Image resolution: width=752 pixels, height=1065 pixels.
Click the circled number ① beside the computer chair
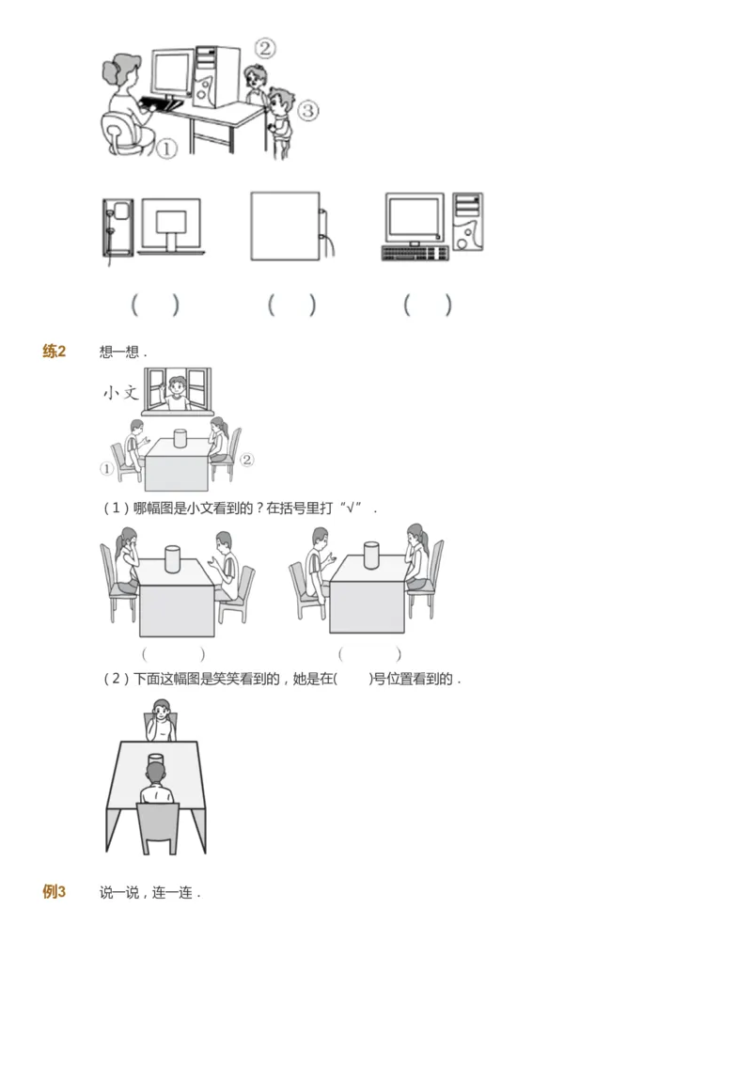[x=166, y=149]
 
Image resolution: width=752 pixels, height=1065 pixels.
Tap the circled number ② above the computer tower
[x=266, y=48]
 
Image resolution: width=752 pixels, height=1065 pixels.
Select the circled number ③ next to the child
[x=308, y=111]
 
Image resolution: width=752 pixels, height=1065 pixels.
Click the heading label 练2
[x=55, y=352]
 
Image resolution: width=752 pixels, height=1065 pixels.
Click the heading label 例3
[x=55, y=892]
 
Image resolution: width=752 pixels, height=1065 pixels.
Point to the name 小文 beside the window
[x=120, y=393]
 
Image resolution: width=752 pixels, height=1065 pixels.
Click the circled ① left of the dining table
[x=106, y=468]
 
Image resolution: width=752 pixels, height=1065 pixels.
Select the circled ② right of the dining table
[x=246, y=460]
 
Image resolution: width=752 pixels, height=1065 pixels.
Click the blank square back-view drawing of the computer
[x=285, y=227]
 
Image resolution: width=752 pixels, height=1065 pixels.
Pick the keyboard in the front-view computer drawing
[x=415, y=253]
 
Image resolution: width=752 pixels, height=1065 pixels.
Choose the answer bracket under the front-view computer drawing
[x=428, y=305]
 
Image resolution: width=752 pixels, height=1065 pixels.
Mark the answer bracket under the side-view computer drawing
[x=155, y=305]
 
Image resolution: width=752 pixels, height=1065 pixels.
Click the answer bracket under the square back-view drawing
[x=291, y=305]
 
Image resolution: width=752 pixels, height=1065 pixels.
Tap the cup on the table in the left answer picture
[x=172, y=558]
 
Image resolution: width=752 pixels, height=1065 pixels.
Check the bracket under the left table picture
[x=173, y=653]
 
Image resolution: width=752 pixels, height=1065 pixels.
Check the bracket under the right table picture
[x=369, y=653]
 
